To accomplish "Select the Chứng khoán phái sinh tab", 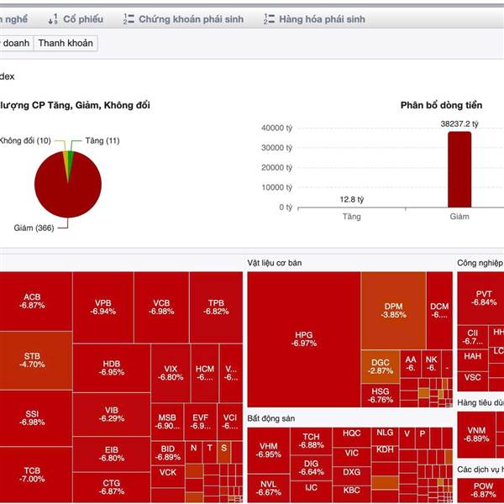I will point(189,18).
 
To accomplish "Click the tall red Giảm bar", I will point(459,169).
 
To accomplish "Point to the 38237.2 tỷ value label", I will point(459,123).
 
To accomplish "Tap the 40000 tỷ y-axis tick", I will point(276,129).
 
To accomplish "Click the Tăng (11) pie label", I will point(101,140).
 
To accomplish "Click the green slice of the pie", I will point(70,160).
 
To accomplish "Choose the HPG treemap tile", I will point(304,339).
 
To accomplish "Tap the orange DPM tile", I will point(393,310).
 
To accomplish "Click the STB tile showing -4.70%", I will point(33,360).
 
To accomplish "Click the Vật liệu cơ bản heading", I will point(274,263).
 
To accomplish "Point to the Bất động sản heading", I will point(271,417).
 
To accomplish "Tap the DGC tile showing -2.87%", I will point(380,365).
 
